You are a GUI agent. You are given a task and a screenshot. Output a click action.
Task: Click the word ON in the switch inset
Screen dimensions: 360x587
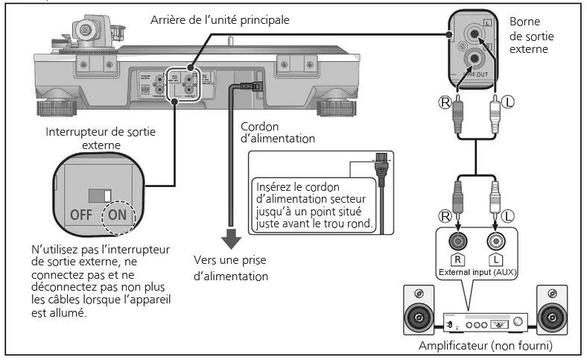point(118,215)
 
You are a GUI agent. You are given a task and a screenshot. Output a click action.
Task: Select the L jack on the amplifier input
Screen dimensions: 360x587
point(495,241)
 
